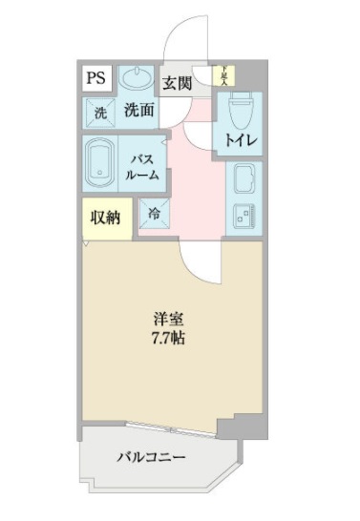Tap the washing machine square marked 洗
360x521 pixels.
tap(101, 111)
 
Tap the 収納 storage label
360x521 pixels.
tap(106, 217)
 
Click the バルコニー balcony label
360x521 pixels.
tap(152, 457)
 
